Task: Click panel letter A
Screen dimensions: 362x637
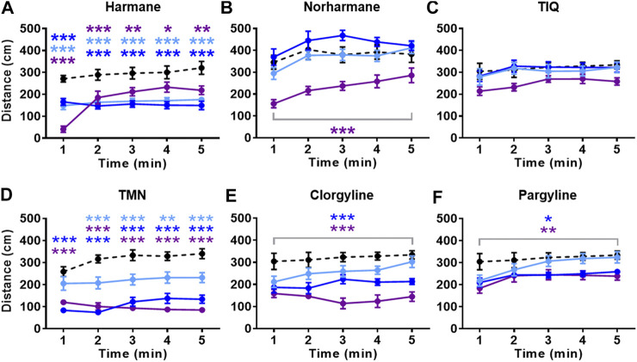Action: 8,9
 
